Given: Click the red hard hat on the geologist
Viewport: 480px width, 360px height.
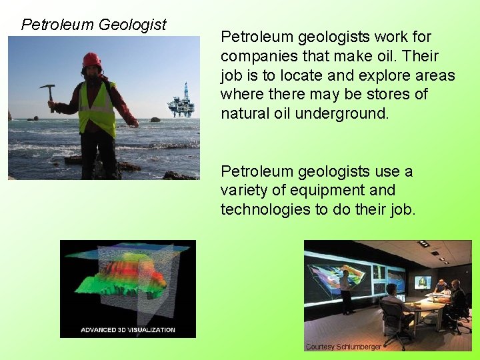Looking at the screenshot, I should tap(92, 60).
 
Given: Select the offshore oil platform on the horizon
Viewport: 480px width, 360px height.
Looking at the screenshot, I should tap(181, 102).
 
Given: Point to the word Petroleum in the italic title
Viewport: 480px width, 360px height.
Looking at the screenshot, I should tap(57, 25).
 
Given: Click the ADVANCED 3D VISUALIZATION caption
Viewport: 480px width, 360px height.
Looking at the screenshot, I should tap(128, 329).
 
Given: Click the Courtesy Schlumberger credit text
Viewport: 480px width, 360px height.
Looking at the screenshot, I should tap(343, 347).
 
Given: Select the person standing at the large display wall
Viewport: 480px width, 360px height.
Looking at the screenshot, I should tap(345, 292).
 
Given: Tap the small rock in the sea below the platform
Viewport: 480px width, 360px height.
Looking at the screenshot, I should tap(155, 120).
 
